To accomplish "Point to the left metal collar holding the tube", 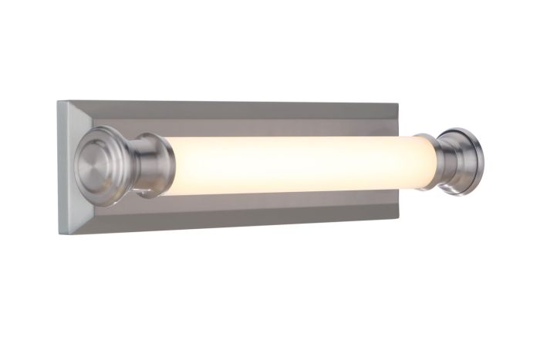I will click(x=153, y=164).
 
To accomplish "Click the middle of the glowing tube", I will click(x=301, y=164).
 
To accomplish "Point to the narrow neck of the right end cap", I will click(x=447, y=161).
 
